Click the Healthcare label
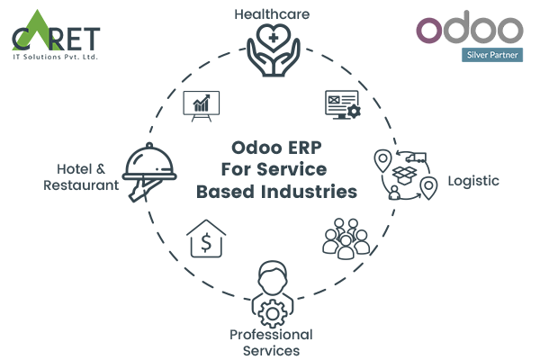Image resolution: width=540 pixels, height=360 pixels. click(269, 14)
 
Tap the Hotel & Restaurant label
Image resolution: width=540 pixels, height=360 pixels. click(82, 176)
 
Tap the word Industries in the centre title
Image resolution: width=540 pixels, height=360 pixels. click(309, 191)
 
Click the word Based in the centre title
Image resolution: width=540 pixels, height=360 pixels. click(225, 191)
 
